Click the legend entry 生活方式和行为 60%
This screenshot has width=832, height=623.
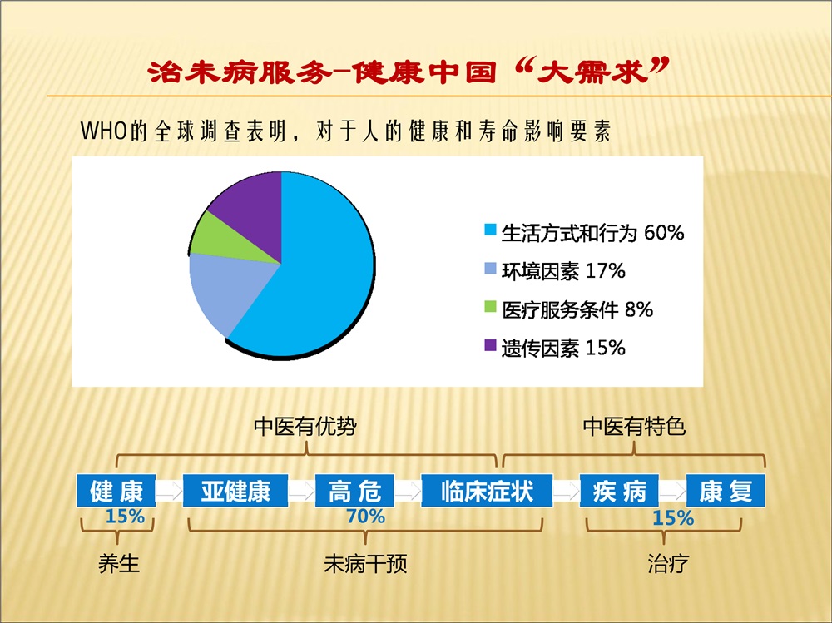[584, 232]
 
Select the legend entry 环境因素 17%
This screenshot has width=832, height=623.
[555, 271]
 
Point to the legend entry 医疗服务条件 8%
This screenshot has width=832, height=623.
[569, 310]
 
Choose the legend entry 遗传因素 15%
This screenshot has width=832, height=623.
[555, 349]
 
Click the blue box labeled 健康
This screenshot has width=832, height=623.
[116, 491]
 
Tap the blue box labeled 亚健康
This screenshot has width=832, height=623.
[235, 491]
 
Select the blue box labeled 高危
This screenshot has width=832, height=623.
[354, 491]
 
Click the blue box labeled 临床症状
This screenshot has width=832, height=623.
[487, 491]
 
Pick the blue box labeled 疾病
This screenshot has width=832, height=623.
[619, 491]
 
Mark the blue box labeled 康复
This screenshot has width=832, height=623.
[726, 491]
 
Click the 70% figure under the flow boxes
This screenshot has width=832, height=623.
[365, 517]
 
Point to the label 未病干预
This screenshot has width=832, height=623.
[365, 564]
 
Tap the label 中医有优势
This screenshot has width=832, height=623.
[305, 426]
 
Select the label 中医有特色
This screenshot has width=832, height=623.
[634, 426]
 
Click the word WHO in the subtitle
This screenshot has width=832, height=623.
[104, 131]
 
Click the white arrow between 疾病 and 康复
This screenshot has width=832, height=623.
[672, 491]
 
